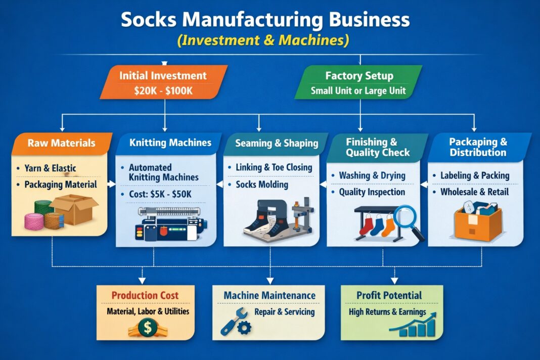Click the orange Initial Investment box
coord(163,82)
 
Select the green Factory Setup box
coord(358,83)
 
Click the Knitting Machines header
coord(170,143)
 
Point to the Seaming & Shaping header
coord(277,144)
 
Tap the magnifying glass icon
coord(409,219)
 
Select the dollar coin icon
coord(147,328)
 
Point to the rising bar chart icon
coord(413,325)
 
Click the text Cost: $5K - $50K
coord(159,195)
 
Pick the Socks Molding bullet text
coord(262,184)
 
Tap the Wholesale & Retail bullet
coord(474,192)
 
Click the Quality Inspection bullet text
coord(372,192)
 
